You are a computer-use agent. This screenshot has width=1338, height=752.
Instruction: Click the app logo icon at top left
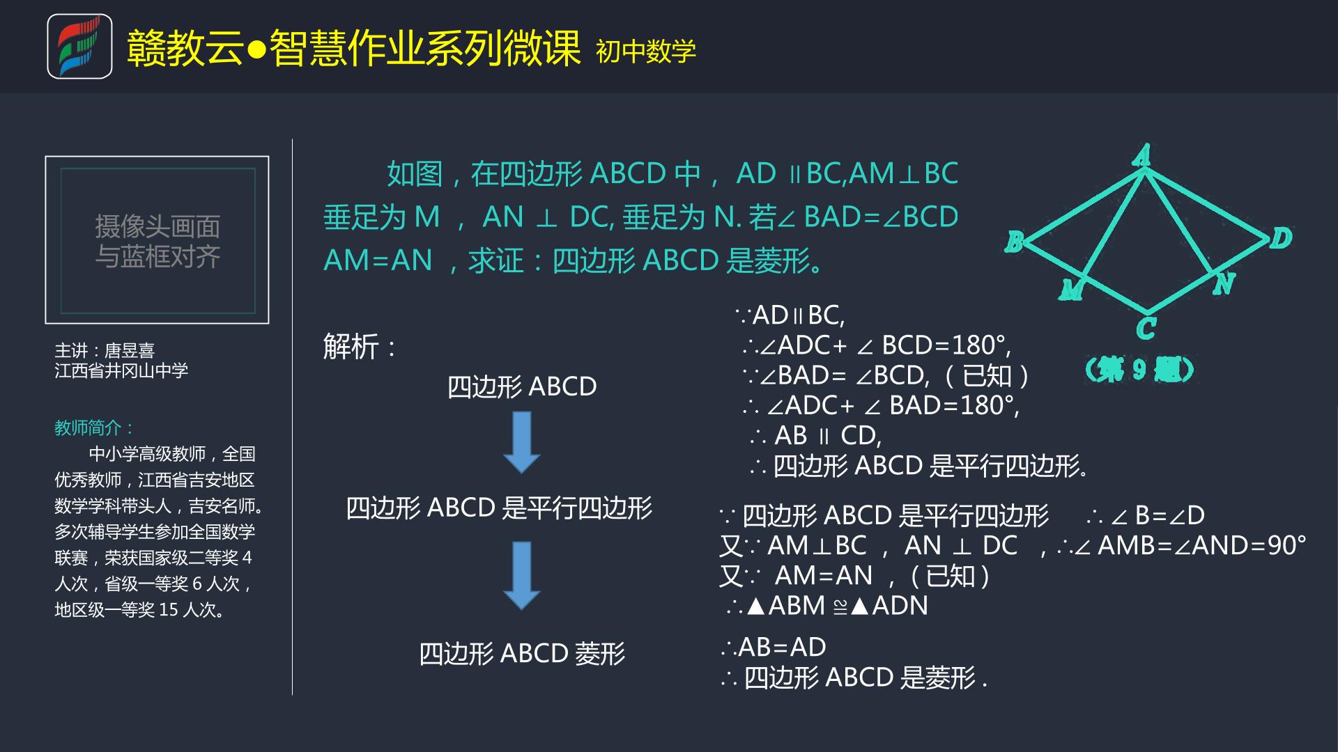pos(79,46)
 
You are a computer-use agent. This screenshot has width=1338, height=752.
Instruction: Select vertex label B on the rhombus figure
pos(1014,242)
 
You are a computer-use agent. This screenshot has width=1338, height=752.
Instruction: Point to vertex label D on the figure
pos(1281,238)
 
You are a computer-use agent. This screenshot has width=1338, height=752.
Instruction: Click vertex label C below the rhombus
pos(1146,328)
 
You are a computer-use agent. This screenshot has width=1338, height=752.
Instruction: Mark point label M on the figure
pos(1070,289)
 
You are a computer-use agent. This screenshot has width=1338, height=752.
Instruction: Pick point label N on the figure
pos(1224,283)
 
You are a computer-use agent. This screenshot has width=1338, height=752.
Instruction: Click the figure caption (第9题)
pos(1139,369)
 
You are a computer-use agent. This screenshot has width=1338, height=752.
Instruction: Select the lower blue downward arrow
pos(522,576)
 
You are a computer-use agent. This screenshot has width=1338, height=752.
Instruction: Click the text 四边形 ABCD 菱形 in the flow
pos(522,653)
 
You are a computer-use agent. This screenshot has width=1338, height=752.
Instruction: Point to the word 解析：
pos(360,347)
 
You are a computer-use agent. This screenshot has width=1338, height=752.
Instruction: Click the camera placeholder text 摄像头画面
pos(157,226)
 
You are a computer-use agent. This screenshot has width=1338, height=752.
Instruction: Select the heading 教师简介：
pos(94,428)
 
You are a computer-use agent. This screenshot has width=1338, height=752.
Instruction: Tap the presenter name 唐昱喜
pos(130,350)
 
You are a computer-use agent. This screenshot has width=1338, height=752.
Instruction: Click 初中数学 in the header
pos(646,51)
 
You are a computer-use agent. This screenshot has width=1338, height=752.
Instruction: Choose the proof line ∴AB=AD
pos(774,647)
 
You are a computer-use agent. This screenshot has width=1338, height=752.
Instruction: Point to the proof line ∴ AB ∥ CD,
pos(816,435)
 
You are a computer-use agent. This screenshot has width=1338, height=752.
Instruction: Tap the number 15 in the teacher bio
pos(169,610)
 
